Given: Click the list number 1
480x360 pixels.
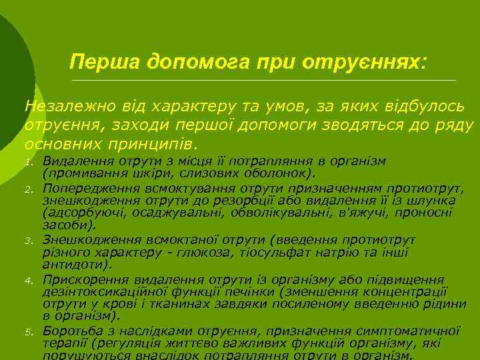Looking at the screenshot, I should point(29,163).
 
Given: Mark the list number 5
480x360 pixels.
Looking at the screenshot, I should point(29,332).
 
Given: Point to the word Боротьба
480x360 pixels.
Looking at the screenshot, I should point(69,331).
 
